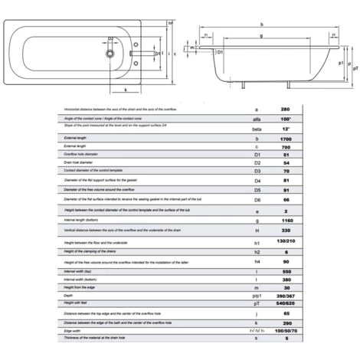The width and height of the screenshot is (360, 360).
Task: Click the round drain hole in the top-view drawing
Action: (x=112, y=55)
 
